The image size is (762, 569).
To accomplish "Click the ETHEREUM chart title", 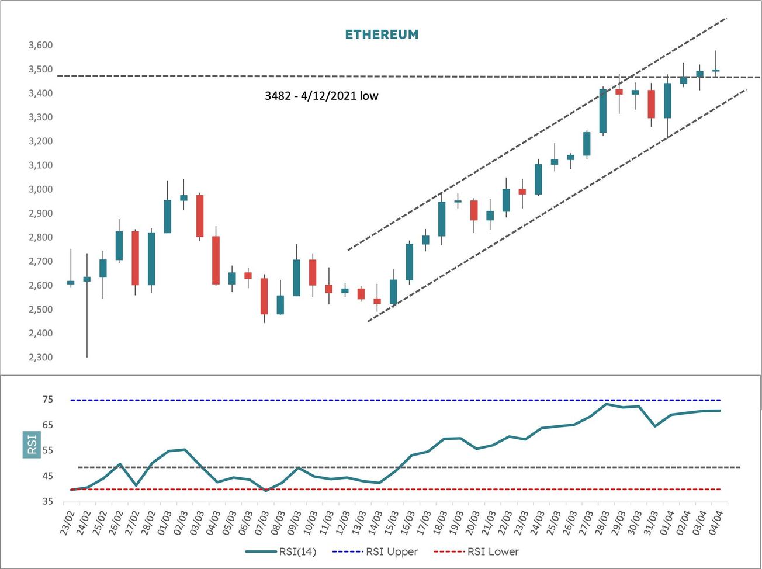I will tap(382, 34).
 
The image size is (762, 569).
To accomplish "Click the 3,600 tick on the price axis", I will tap(40, 46).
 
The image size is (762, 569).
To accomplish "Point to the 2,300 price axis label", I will tap(40, 358).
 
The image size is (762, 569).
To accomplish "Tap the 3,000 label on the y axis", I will tap(40, 189).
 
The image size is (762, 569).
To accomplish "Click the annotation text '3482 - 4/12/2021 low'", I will tap(321, 96).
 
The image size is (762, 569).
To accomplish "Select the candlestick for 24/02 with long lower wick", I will tap(87, 279).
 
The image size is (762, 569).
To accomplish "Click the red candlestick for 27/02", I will tap(135, 258).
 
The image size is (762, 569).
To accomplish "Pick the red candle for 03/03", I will tap(200, 216).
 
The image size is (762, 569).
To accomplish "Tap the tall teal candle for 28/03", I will tap(603, 111).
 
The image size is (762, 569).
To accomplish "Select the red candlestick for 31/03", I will tap(651, 104).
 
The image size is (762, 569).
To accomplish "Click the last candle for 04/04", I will tap(716, 70).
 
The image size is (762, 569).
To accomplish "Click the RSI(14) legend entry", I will tap(281, 551).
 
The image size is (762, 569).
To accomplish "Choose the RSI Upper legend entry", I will tap(375, 551).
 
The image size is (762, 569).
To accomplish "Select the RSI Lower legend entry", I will tap(476, 551).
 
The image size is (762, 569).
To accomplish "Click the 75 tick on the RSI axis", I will tap(47, 400).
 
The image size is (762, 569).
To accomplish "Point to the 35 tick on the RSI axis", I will tap(47, 501).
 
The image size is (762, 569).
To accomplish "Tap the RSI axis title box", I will tap(32, 445).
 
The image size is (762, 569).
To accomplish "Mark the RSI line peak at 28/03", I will tap(606, 404).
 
